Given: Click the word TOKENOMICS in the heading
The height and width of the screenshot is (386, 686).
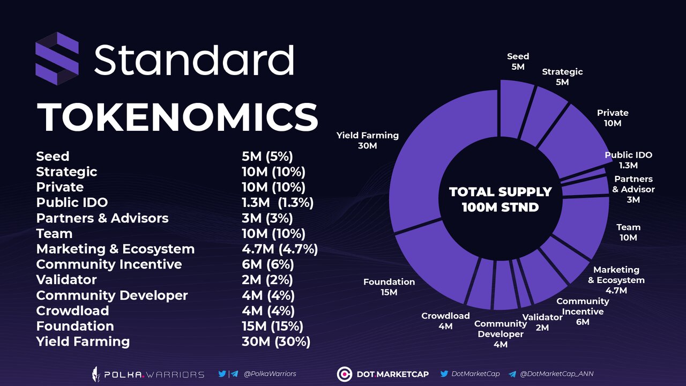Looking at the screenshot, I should coord(177,117).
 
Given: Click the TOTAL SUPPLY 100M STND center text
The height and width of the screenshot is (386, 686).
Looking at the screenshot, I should coord(500,199).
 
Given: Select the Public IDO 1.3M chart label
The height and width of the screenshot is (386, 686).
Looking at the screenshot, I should coord(628,160).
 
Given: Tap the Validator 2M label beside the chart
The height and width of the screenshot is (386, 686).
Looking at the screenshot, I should coord(542,322).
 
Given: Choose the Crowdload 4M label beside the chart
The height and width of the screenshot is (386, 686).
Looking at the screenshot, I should coord(445,321).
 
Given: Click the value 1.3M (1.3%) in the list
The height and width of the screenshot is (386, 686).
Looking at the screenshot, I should coord(277,203).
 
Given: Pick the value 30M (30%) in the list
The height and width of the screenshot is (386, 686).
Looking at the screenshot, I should coord(275,342).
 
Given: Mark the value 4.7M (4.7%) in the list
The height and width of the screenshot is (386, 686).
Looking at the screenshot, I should coord(279,249).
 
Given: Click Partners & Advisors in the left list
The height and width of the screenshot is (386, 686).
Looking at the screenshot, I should coord(102,218).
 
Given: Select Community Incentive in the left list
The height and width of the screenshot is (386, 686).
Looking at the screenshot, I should coord(109,265).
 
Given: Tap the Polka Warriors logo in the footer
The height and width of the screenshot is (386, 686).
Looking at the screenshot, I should coord(147,374).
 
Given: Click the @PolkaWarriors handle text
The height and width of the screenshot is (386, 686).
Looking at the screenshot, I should coord(270,374).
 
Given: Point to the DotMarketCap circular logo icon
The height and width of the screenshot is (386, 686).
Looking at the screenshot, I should coord(344,374).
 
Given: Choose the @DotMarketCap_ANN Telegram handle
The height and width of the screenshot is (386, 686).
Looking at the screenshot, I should coord(556,374).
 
